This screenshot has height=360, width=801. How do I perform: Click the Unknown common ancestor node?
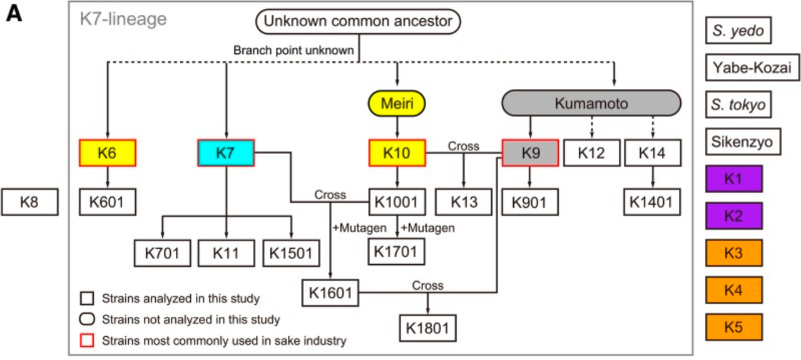pyautogui.click(x=358, y=21)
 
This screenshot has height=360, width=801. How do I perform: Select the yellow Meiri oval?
pyautogui.click(x=397, y=103)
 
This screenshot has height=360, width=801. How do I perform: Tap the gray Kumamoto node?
pyautogui.click(x=591, y=103)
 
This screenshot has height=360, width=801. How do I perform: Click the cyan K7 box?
pyautogui.click(x=226, y=153)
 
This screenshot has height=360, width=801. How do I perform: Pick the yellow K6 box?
pyautogui.click(x=108, y=153)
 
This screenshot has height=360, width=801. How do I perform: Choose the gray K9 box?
pyautogui.click(x=530, y=153)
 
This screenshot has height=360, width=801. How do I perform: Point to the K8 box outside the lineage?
pyautogui.click(x=29, y=202)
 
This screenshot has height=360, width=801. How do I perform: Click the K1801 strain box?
pyautogui.click(x=427, y=328)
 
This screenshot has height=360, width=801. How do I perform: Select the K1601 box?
pyautogui.click(x=330, y=293)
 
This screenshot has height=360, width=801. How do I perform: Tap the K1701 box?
pyautogui.click(x=397, y=252)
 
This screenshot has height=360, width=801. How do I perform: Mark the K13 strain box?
pyautogui.click(x=464, y=202)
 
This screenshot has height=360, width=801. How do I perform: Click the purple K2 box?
pyautogui.click(x=734, y=216)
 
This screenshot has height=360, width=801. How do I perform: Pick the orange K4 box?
pyautogui.click(x=734, y=290)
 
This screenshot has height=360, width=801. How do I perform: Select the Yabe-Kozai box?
pyautogui.click(x=752, y=67)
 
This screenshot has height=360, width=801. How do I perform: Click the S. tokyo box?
pyautogui.click(x=738, y=105)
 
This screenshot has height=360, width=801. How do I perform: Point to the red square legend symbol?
pyautogui.click(x=87, y=341)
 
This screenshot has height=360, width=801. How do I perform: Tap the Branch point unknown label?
pyautogui.click(x=293, y=51)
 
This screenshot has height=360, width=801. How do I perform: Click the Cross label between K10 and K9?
pyautogui.click(x=464, y=146)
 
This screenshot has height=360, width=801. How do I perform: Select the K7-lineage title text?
pyautogui.click(x=123, y=19)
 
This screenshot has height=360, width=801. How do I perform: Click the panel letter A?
pyautogui.click(x=14, y=14)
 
